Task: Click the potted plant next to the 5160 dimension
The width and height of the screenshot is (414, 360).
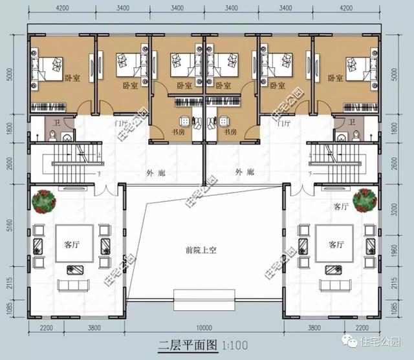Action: click(44, 201)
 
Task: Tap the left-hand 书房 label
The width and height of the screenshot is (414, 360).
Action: click(176, 131)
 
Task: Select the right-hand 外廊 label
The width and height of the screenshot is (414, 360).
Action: click(244, 172)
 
